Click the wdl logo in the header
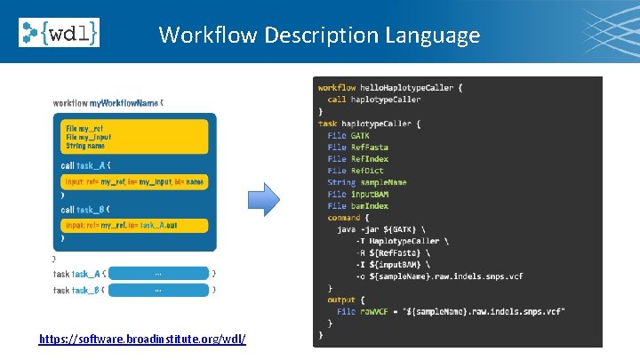(59, 32)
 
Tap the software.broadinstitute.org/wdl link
(142, 340)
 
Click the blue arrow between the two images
(263, 203)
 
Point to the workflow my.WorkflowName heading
(107, 103)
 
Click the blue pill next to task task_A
(158, 274)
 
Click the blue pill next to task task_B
(158, 290)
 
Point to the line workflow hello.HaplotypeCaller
(390, 88)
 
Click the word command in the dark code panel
(344, 218)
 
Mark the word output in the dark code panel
(341, 300)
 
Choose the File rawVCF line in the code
(449, 311)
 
